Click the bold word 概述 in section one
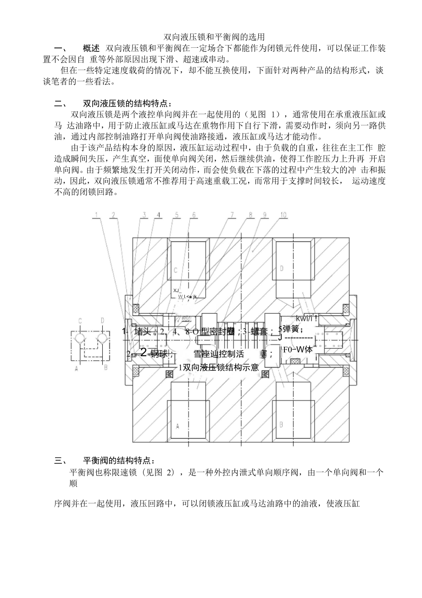click(x=91, y=48)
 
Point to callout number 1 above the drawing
click(x=97, y=214)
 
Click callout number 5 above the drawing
click(x=177, y=214)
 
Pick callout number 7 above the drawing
click(x=233, y=214)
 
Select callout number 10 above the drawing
click(x=283, y=214)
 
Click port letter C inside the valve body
click(x=175, y=271)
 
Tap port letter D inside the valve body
click(x=282, y=267)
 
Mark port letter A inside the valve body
click(x=177, y=426)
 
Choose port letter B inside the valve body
click(x=281, y=423)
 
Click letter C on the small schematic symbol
click(x=80, y=320)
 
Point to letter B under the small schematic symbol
click(x=105, y=367)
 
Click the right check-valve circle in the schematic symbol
click(x=101, y=338)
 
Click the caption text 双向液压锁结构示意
click(x=221, y=367)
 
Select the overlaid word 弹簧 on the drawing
click(x=293, y=328)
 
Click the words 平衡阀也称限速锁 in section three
click(x=98, y=472)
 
